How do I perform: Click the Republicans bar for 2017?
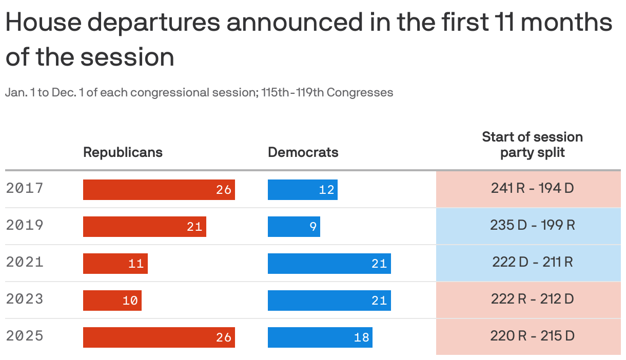click(159, 190)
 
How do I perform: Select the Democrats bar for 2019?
click(294, 227)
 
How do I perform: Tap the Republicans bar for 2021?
click(115, 264)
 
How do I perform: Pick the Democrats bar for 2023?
click(329, 301)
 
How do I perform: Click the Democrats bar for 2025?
click(320, 337)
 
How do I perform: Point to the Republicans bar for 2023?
click(112, 301)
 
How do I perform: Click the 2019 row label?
click(25, 225)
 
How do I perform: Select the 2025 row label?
click(25, 336)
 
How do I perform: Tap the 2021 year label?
click(25, 262)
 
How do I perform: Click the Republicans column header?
click(123, 152)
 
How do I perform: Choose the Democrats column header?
click(303, 152)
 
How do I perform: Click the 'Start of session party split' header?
click(532, 145)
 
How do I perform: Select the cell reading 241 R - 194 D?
click(532, 188)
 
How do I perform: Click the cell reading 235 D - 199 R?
click(532, 225)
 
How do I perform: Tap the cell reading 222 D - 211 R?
click(532, 262)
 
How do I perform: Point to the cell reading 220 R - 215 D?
click(532, 336)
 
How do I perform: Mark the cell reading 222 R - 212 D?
click(532, 299)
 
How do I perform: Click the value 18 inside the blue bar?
click(361, 337)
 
